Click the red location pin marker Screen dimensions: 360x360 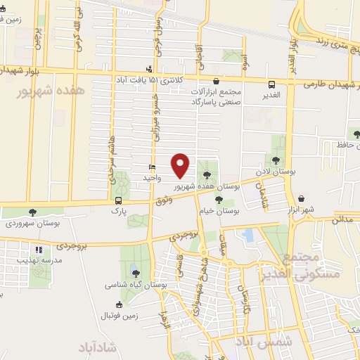[181, 165]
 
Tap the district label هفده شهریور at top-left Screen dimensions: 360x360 [45, 92]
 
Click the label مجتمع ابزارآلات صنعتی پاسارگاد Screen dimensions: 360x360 [225, 97]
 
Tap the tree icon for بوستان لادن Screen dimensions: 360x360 [276, 160]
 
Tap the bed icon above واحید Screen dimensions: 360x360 [152, 167]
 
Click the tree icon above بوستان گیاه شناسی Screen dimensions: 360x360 [135, 274]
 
